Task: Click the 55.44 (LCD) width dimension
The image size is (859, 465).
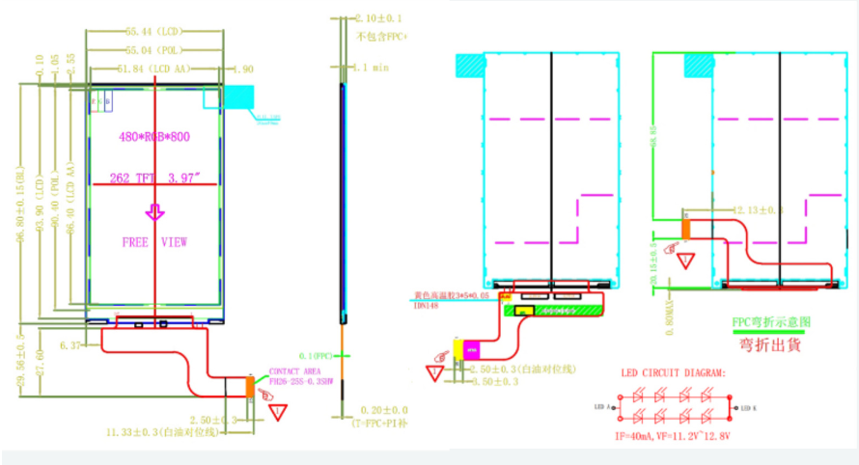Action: [155, 32]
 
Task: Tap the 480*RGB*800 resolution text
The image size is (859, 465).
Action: [154, 137]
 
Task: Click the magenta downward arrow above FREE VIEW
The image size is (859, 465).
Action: [154, 211]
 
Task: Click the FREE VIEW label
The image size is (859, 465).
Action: [154, 242]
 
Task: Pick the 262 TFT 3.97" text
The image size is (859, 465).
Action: [155, 178]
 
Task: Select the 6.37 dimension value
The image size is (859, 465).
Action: [70, 344]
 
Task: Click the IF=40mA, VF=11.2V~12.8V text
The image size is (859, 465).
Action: [676, 437]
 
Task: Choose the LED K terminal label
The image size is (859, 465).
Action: [748, 408]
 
